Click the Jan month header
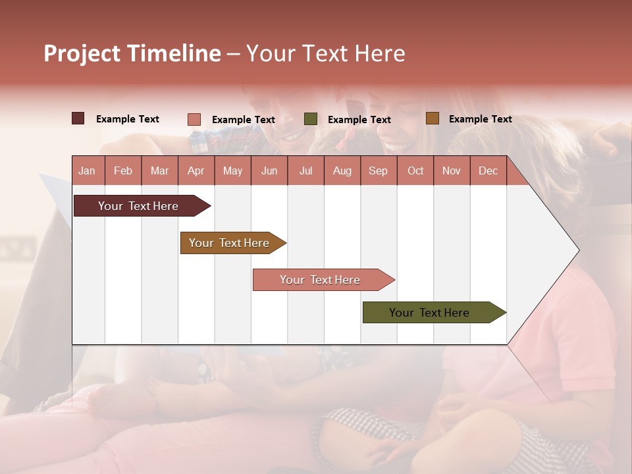click(x=87, y=171)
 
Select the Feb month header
click(x=123, y=171)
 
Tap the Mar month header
click(x=159, y=171)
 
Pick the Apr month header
click(x=196, y=171)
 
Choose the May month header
click(x=232, y=171)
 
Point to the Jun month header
click(x=269, y=171)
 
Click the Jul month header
click(x=305, y=171)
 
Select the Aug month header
click(x=342, y=171)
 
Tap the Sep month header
click(x=379, y=171)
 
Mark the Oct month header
click(x=415, y=171)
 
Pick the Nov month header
click(x=452, y=171)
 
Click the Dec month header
click(x=488, y=171)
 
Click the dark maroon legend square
click(x=78, y=118)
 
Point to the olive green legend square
click(x=311, y=119)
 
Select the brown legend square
click(x=433, y=118)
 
